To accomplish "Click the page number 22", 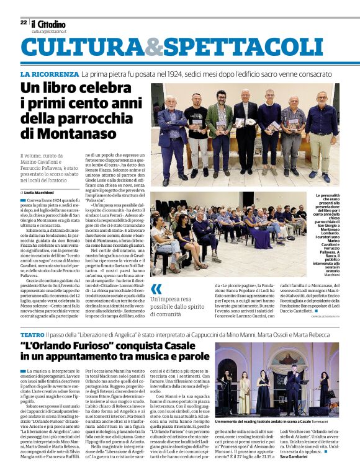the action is pos(24,22).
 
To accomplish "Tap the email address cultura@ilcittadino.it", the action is pos(49,30).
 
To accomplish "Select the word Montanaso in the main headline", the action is pos(68,133).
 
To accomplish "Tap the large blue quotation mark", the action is pos(156,288).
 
